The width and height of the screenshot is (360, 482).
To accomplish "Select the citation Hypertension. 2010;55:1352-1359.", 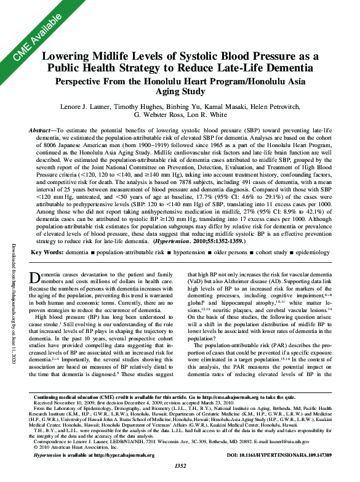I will click(222, 259).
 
